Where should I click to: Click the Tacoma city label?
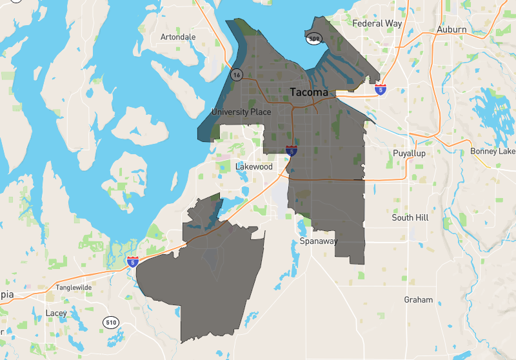pyautogui.click(x=309, y=92)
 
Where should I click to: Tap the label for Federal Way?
pyautogui.click(x=377, y=23)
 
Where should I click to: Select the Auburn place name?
pyautogui.click(x=451, y=30)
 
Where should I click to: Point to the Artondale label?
pyautogui.click(x=178, y=37)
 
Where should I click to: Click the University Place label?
pyautogui.click(x=241, y=112)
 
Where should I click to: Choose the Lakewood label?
pyautogui.click(x=253, y=166)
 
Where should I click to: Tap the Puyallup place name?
pyautogui.click(x=410, y=154)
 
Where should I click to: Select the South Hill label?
pyautogui.click(x=410, y=218)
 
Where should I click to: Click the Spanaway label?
pyautogui.click(x=319, y=241)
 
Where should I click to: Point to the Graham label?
pyautogui.click(x=418, y=300)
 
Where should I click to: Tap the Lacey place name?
pyautogui.click(x=56, y=314)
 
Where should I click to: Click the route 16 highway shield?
pyautogui.click(x=237, y=75)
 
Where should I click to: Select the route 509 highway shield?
pyautogui.click(x=314, y=39)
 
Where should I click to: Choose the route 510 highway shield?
pyautogui.click(x=110, y=322)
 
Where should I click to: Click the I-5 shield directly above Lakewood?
pyautogui.click(x=292, y=150)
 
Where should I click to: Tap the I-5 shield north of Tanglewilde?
pyautogui.click(x=133, y=262)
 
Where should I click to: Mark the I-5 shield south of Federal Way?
pyautogui.click(x=381, y=90)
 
